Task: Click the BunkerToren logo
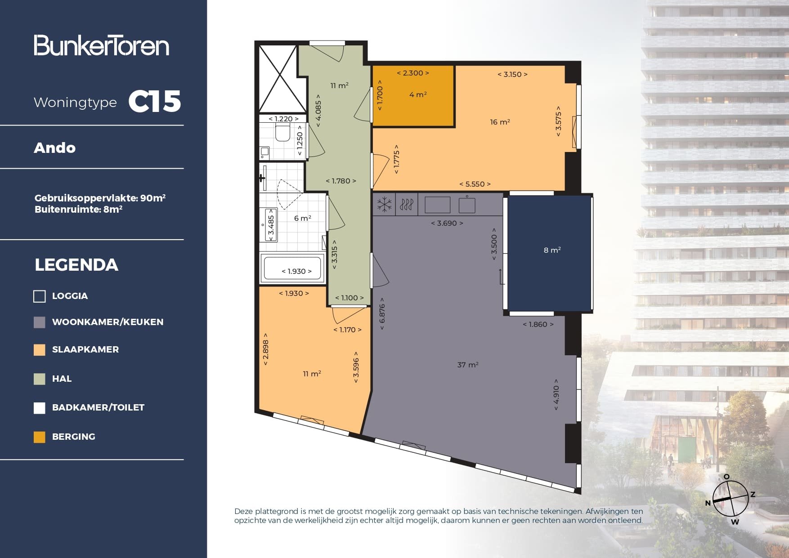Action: tap(101, 45)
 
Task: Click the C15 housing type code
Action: tap(154, 101)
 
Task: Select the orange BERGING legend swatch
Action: tap(40, 437)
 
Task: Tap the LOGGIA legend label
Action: tap(70, 296)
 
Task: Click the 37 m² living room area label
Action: tap(467, 365)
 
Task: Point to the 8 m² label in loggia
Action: tap(552, 250)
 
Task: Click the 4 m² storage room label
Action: tap(418, 94)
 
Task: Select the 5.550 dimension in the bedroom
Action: tap(475, 184)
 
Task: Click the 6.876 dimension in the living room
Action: tap(382, 313)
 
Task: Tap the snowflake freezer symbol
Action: tap(384, 205)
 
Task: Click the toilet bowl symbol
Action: tap(282, 134)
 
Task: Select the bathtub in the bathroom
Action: tap(293, 269)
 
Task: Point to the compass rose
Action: tap(730, 499)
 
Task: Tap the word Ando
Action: tap(54, 148)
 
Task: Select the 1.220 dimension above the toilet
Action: tap(283, 119)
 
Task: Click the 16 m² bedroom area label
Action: tap(500, 122)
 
